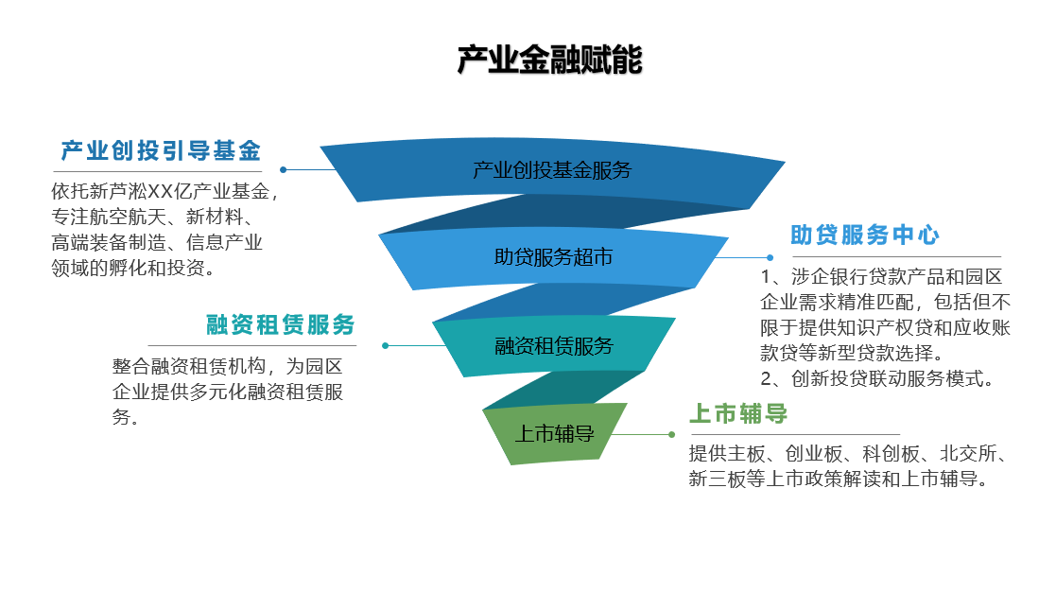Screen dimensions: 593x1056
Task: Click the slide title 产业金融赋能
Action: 549,61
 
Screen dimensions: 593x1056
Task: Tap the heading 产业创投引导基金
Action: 161,150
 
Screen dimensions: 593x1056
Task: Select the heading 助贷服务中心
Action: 864,235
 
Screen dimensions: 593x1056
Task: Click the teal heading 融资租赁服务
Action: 281,324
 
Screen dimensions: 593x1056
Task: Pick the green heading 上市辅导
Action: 738,414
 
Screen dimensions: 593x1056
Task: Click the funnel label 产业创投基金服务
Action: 552,170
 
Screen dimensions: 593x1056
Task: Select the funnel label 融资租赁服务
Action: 554,345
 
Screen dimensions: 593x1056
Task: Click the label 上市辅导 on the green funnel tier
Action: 554,434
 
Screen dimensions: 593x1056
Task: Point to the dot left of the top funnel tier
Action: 284,170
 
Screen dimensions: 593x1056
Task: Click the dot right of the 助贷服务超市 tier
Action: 770,257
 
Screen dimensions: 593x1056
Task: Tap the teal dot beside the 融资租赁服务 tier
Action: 385,345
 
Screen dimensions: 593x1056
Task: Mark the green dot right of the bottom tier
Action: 671,434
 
